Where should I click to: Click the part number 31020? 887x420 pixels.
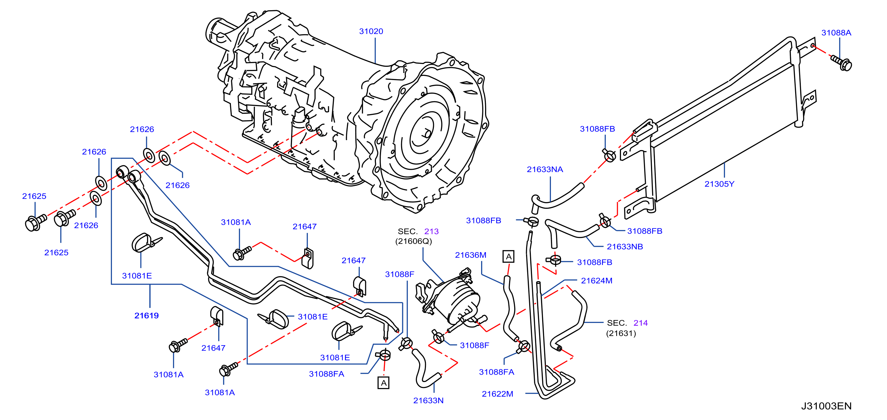(x=371, y=31)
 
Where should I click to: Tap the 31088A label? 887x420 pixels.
(x=836, y=33)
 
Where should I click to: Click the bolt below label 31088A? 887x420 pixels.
(x=841, y=63)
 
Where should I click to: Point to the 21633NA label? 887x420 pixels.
(x=545, y=169)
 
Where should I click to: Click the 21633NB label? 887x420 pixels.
(x=625, y=247)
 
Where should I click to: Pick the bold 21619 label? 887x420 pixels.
(x=146, y=316)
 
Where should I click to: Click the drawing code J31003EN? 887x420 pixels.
(x=826, y=406)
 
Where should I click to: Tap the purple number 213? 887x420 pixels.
(x=431, y=232)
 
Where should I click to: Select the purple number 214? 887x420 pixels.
(x=641, y=323)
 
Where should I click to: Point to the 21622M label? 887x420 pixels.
(x=497, y=394)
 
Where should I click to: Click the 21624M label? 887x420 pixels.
(x=596, y=281)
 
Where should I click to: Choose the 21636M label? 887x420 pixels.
(x=470, y=255)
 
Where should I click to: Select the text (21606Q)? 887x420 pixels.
(x=413, y=241)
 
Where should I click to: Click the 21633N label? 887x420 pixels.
(x=428, y=401)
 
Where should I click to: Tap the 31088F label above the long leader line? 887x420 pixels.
(x=399, y=275)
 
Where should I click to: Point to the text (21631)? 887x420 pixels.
(x=621, y=333)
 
